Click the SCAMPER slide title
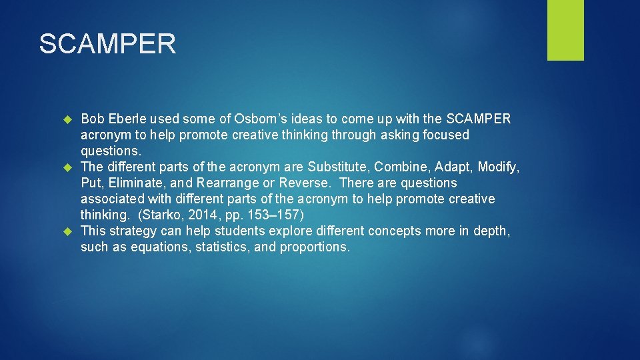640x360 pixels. click(107, 44)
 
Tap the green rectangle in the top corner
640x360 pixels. click(565, 30)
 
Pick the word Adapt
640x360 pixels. click(453, 167)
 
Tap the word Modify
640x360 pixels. click(499, 167)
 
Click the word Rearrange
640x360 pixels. click(227, 183)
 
